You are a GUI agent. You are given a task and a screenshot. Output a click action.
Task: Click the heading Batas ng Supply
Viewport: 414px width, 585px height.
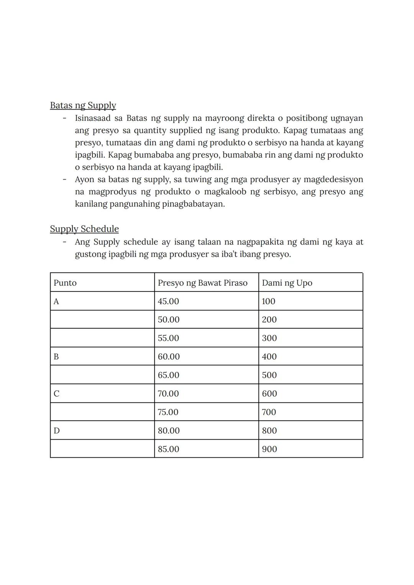point(83,105)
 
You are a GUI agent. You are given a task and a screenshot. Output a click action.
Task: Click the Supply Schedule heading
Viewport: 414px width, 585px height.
point(84,229)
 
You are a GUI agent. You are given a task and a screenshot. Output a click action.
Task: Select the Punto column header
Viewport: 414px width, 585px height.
point(65,283)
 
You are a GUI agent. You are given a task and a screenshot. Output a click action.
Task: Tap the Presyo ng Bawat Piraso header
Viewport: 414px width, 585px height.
point(202,283)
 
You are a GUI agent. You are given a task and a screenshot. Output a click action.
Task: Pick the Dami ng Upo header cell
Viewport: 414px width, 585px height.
point(287,283)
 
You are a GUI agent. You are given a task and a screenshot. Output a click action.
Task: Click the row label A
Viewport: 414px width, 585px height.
point(56,302)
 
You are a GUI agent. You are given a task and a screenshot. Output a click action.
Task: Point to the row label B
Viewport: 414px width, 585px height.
point(56,357)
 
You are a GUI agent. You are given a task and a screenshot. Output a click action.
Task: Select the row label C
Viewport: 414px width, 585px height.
point(56,394)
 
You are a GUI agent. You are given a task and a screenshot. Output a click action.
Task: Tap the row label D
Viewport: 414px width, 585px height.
point(57,431)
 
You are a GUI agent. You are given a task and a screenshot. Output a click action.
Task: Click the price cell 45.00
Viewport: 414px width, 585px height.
point(168,302)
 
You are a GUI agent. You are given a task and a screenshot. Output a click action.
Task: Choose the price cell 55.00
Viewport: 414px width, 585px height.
point(168,338)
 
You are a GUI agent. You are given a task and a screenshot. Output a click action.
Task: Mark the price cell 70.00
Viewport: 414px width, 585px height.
point(168,394)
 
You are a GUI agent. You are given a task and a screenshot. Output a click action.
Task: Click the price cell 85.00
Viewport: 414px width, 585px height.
point(168,449)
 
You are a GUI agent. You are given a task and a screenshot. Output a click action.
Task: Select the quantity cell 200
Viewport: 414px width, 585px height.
point(269,320)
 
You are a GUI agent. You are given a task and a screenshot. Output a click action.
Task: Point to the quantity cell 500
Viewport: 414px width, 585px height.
point(269,375)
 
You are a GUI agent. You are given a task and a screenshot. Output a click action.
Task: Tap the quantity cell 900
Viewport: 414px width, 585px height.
point(269,449)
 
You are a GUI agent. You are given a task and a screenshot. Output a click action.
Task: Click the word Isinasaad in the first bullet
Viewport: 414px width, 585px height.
point(92,118)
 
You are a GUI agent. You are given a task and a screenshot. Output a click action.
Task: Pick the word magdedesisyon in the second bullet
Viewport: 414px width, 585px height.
point(333,180)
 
